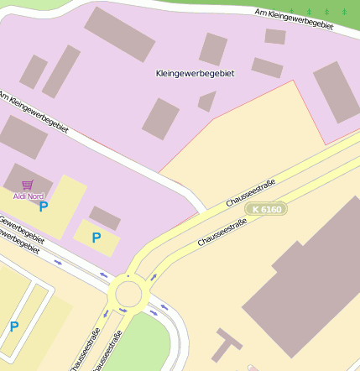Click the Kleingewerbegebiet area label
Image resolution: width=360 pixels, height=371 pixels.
[195, 74]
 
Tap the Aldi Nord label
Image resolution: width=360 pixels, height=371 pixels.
[29, 196]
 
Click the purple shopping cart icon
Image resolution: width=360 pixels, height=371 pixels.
[28, 185]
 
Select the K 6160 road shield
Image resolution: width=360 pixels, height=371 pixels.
[267, 208]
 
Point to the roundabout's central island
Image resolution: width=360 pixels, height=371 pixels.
[129, 295]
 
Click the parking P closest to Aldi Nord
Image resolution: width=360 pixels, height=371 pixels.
[44, 206]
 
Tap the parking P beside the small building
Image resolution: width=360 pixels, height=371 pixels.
[96, 238]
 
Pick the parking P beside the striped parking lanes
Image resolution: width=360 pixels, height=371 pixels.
[13, 327]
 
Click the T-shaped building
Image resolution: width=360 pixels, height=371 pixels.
[225, 344]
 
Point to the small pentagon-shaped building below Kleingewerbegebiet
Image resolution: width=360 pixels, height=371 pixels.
[206, 102]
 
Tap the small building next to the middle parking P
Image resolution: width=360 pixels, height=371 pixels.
[105, 218]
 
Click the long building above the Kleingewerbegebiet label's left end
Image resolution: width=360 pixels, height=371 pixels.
[119, 31]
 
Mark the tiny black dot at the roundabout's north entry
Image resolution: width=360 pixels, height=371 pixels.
[128, 275]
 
